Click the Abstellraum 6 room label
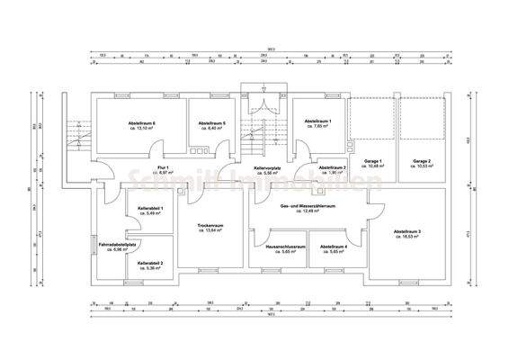[x=141, y=122]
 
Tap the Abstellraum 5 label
[x=211, y=122]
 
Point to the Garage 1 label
[x=373, y=161]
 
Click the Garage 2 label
[x=423, y=161]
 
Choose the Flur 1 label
[x=164, y=168]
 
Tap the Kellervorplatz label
[x=270, y=168]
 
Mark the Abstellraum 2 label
[x=333, y=167]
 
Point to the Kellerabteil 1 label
[x=150, y=208]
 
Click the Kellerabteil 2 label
[x=150, y=263]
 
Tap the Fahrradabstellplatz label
[x=118, y=244]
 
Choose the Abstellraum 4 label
[x=334, y=246]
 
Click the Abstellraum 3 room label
[x=406, y=230]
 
